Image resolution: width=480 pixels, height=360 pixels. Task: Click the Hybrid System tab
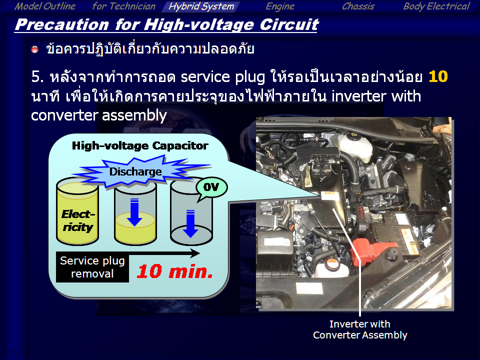coord(201,6)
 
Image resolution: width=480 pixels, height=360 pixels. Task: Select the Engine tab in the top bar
coord(280,6)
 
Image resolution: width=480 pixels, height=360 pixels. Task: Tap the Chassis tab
coord(358,6)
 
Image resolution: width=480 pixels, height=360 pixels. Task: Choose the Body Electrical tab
coord(436,6)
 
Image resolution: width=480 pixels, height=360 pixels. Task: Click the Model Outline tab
coord(45,6)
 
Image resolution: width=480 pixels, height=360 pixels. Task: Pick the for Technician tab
coord(123,6)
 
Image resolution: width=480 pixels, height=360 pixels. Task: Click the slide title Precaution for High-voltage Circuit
coord(167,25)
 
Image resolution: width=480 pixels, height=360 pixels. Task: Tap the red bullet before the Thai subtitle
coord(35,49)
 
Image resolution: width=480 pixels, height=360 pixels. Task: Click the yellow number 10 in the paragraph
coord(438,76)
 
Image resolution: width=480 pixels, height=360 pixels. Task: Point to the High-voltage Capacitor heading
coord(140,145)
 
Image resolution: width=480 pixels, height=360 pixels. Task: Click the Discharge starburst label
coord(135,171)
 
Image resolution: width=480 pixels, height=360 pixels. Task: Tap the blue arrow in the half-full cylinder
coord(134,212)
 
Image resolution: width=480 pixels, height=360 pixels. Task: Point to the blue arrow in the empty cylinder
coord(190,223)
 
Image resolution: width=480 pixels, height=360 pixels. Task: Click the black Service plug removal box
coord(92,267)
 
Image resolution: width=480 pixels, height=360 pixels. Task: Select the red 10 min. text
coord(175,271)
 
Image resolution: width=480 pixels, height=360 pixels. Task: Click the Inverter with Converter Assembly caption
coord(360,329)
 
